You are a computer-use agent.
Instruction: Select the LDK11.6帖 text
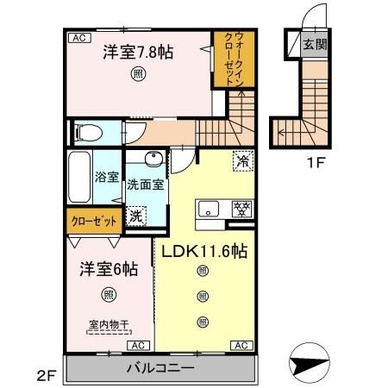pyautogui.click(x=202, y=252)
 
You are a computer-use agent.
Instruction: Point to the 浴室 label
pyautogui.click(x=106, y=178)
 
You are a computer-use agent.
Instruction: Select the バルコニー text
pyautogui.click(x=159, y=367)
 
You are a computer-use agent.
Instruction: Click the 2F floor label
pyautogui.click(x=46, y=375)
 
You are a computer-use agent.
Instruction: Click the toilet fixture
pyautogui.click(x=87, y=132)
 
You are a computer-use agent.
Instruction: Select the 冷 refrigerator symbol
pyautogui.click(x=242, y=160)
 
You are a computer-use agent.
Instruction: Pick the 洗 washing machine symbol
pyautogui.click(x=135, y=216)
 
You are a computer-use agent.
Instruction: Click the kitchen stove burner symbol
pyautogui.click(x=243, y=208)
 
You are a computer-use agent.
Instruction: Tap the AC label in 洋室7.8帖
pyautogui.click(x=78, y=39)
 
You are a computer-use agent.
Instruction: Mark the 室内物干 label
pyautogui.click(x=108, y=325)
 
